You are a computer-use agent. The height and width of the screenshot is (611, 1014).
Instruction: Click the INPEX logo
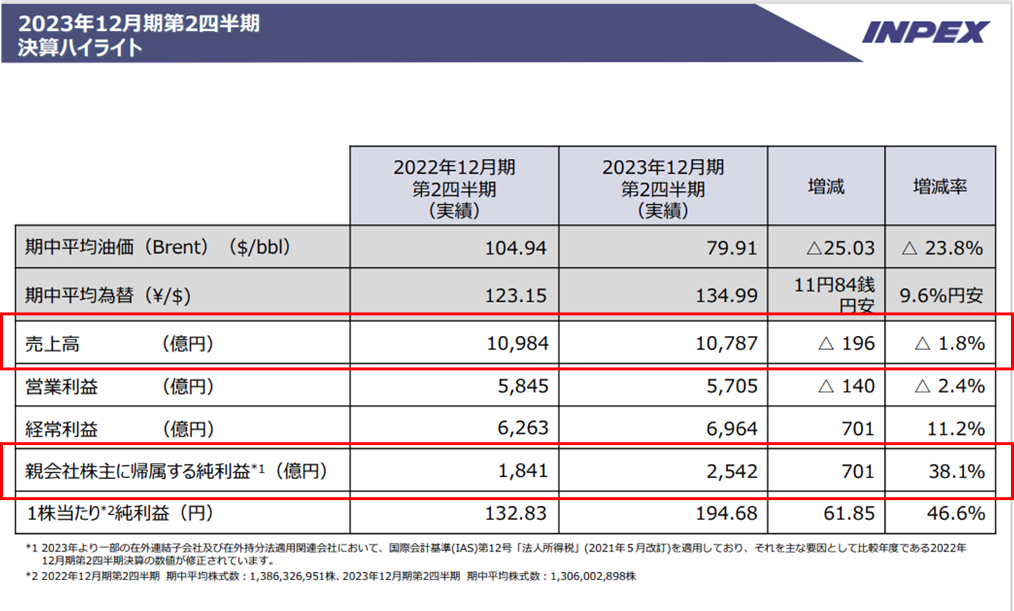(926, 32)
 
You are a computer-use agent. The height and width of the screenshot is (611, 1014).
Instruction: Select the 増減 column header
(826, 186)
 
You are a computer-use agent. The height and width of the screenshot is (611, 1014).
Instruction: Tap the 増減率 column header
(940, 186)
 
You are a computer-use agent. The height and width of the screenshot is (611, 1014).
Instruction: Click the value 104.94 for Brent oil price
(515, 248)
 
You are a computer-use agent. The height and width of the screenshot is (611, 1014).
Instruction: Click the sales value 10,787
(726, 343)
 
